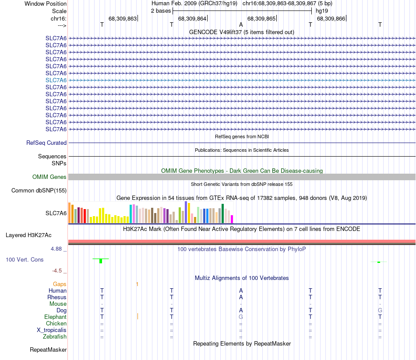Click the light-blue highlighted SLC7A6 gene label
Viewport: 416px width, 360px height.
coord(56,80)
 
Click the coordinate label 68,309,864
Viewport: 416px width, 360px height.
coord(192,18)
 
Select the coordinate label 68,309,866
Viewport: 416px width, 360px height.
coord(331,18)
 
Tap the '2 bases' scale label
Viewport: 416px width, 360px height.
coord(161,10)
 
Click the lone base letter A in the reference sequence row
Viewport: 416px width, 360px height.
coord(241,24)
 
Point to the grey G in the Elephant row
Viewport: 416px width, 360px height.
coord(241,317)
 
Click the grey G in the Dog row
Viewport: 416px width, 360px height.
coord(380,310)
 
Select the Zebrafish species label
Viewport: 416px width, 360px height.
coord(55,336)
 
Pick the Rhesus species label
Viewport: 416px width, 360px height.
coord(57,297)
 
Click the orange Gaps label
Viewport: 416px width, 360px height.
coord(60,284)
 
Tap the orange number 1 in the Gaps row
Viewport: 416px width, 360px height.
coord(137,284)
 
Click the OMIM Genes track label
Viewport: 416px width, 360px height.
coord(49,177)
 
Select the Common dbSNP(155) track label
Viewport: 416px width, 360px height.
coord(39,190)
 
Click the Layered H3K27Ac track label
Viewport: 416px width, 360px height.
coord(28,235)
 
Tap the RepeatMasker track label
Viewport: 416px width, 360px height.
coord(48,350)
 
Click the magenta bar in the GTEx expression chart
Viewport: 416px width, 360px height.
coord(232,219)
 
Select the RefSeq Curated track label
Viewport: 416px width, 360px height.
coord(46,143)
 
